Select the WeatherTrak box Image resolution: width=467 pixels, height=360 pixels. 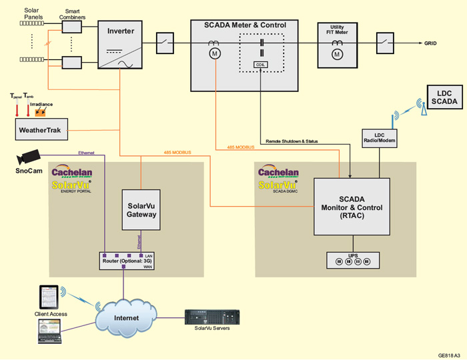tap(42, 130)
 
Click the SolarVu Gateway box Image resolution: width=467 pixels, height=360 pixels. tap(141, 210)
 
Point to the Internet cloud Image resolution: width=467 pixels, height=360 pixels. tap(125, 318)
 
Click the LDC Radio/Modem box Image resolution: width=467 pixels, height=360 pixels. tap(380, 138)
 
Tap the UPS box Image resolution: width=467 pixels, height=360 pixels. tap(353, 260)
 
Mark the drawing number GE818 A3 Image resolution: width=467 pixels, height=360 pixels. tap(449, 354)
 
